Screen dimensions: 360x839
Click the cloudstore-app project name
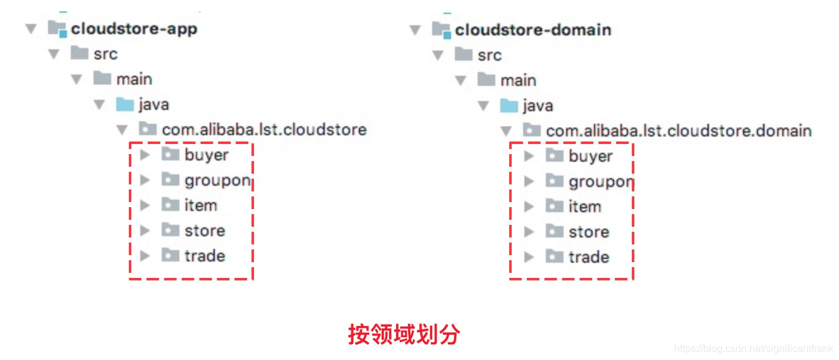(x=134, y=29)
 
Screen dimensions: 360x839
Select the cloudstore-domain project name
(x=533, y=30)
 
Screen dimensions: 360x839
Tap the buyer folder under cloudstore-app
(x=206, y=155)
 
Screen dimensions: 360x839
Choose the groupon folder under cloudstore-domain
(x=600, y=182)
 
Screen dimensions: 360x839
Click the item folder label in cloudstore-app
(x=201, y=205)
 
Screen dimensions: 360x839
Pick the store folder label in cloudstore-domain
(x=589, y=232)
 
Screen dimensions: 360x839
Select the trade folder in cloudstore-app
(x=205, y=256)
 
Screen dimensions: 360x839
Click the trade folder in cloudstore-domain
(x=589, y=257)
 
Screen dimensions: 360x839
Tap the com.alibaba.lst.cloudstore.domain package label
(x=679, y=131)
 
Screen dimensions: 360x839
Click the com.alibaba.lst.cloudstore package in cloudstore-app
(x=264, y=129)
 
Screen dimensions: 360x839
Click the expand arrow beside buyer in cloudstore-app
(x=145, y=155)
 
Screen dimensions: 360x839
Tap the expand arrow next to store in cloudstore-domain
(x=529, y=232)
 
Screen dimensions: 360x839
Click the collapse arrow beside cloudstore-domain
(x=415, y=30)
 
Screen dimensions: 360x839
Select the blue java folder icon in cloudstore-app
(x=125, y=104)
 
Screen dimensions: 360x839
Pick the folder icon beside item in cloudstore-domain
(x=555, y=206)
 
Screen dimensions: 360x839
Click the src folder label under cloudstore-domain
(x=490, y=55)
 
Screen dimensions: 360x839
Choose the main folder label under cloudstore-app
(x=134, y=79)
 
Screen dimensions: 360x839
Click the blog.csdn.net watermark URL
(x=754, y=349)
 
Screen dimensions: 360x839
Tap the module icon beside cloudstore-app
(x=57, y=29)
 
